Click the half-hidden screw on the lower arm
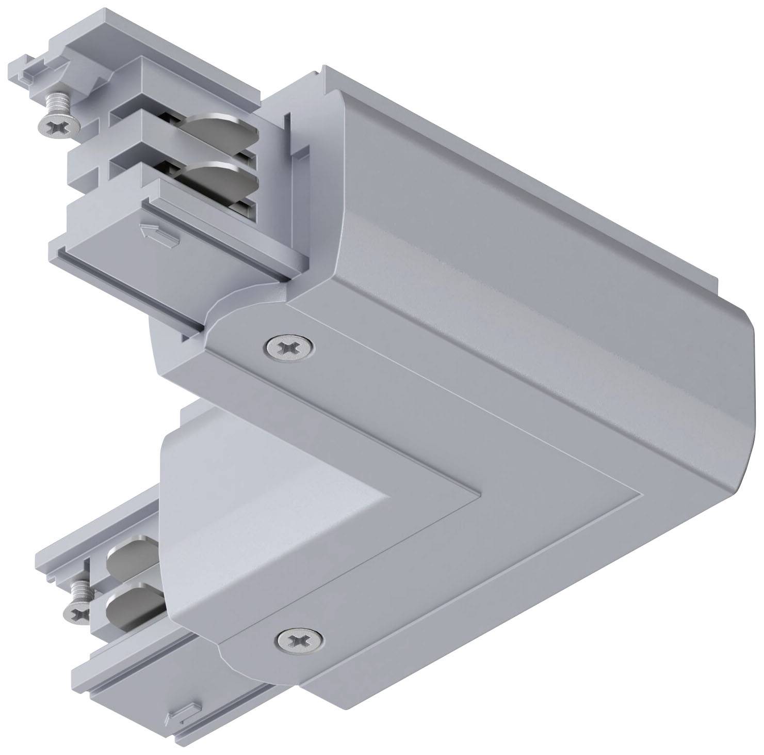pos(76,607)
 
